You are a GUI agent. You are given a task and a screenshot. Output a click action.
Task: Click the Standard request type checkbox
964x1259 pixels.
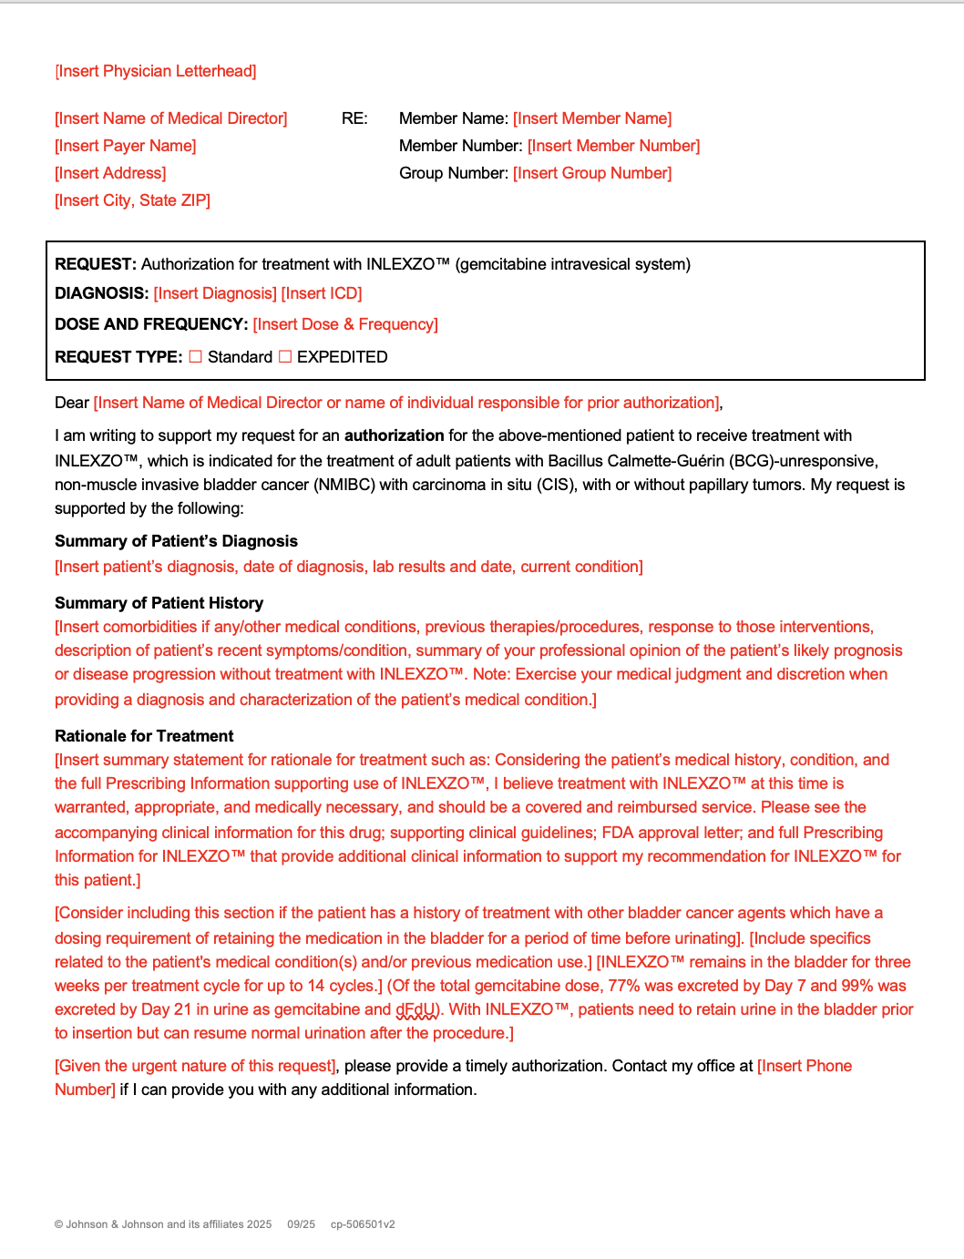(196, 357)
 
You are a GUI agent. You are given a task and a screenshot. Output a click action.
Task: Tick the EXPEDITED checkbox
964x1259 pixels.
(285, 357)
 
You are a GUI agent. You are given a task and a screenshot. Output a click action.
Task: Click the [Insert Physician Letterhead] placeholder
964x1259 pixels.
(156, 71)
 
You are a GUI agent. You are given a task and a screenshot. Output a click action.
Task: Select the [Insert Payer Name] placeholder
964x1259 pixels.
(126, 146)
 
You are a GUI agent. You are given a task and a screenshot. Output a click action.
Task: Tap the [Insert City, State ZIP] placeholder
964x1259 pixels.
(133, 200)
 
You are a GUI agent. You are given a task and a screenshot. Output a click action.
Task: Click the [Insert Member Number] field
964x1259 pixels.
(613, 146)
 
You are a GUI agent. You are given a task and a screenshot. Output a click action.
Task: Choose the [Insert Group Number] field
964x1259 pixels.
(592, 173)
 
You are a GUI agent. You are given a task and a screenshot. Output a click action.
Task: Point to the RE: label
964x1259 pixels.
(354, 118)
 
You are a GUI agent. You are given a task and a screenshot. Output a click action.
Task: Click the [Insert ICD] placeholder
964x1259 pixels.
(322, 293)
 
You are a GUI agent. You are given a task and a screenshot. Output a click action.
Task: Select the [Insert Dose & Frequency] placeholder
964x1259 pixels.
(345, 324)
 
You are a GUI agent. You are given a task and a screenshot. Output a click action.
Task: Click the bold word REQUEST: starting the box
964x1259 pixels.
(96, 264)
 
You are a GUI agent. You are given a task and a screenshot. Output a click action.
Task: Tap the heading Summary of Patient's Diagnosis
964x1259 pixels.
(176, 541)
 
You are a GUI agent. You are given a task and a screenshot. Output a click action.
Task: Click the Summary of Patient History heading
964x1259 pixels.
(159, 603)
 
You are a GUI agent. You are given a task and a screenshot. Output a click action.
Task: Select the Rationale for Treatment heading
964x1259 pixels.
(144, 736)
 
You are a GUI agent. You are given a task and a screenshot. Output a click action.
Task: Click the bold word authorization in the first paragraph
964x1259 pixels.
(394, 435)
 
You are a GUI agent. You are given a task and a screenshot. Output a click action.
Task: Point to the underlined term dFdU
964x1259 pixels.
(416, 1009)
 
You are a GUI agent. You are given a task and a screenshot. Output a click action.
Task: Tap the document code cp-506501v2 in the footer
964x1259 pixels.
(363, 1224)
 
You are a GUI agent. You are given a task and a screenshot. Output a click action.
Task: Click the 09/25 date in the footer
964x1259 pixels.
(301, 1224)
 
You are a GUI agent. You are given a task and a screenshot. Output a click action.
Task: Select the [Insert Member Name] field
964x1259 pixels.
(592, 118)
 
